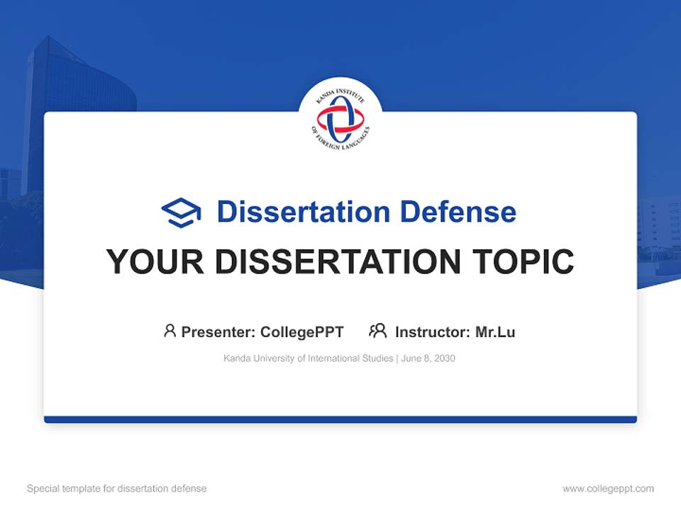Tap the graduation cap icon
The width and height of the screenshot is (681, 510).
coord(181,212)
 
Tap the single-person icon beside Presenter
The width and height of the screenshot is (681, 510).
coord(170,331)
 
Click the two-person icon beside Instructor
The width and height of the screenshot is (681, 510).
coord(378,331)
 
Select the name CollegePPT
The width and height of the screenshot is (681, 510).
coord(302,331)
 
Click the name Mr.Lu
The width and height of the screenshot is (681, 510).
coord(495,331)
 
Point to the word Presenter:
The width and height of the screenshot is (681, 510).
coord(218,331)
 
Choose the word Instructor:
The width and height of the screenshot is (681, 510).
coord(432,331)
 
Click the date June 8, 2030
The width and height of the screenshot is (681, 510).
coord(428,358)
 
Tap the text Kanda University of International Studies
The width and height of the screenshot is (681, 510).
coord(308,358)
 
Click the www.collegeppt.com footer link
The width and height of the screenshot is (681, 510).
coord(608,489)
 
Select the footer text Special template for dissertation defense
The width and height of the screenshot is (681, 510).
coord(116,489)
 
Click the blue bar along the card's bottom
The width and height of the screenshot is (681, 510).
coord(340,419)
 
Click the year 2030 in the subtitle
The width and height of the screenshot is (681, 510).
coord(444,358)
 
